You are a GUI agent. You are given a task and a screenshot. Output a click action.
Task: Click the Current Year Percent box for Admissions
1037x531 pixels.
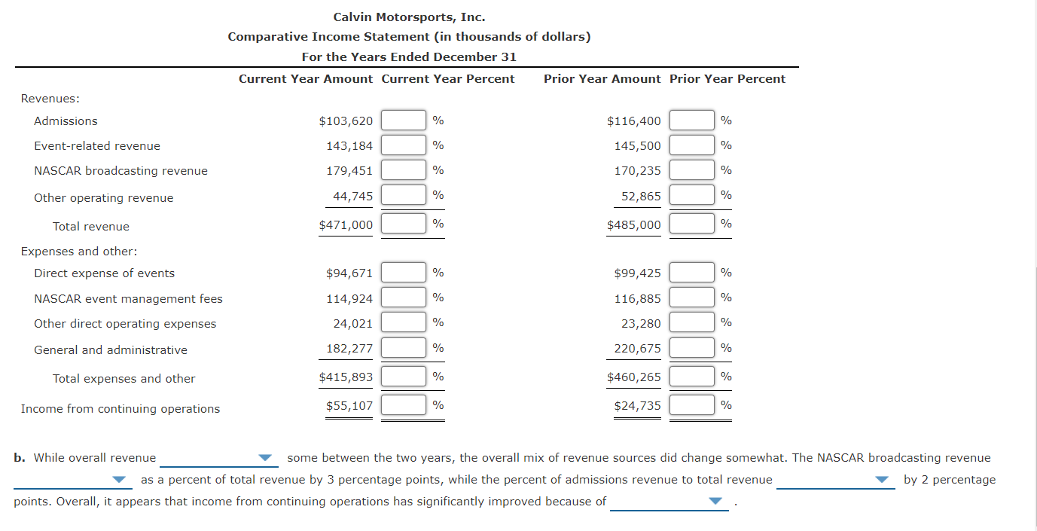[x=404, y=121]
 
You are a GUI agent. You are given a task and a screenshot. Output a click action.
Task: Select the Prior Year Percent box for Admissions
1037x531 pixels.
[x=692, y=121]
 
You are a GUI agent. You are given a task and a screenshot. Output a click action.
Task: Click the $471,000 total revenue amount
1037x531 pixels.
[x=346, y=225]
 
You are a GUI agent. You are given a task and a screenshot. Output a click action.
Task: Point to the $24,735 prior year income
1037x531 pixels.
[x=637, y=406]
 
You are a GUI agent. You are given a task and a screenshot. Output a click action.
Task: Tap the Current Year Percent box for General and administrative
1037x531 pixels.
[x=404, y=348]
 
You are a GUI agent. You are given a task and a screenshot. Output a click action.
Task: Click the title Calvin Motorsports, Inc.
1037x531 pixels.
[x=409, y=17]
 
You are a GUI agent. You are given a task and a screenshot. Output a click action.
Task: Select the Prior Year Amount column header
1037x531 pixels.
[x=602, y=79]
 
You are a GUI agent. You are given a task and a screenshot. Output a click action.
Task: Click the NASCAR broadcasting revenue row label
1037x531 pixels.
[x=120, y=171]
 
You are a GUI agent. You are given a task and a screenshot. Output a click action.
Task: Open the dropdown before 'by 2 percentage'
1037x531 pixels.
[x=835, y=480]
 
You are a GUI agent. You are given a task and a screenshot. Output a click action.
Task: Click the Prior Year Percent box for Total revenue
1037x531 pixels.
[x=692, y=224]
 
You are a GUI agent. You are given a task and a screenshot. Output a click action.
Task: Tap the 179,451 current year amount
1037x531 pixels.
[x=349, y=171]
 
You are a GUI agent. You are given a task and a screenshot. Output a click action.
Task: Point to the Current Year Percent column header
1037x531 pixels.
[x=448, y=79]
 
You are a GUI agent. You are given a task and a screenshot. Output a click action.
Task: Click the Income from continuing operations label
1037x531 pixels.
[x=120, y=409]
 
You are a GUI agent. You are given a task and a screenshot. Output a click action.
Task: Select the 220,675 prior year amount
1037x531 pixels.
[x=637, y=349]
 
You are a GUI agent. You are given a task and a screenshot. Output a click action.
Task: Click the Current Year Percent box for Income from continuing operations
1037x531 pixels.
[x=404, y=405]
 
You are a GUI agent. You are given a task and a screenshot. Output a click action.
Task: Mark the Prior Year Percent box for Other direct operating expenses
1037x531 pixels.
[x=692, y=322]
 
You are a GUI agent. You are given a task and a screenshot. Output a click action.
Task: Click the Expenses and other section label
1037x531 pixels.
[x=79, y=252]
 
